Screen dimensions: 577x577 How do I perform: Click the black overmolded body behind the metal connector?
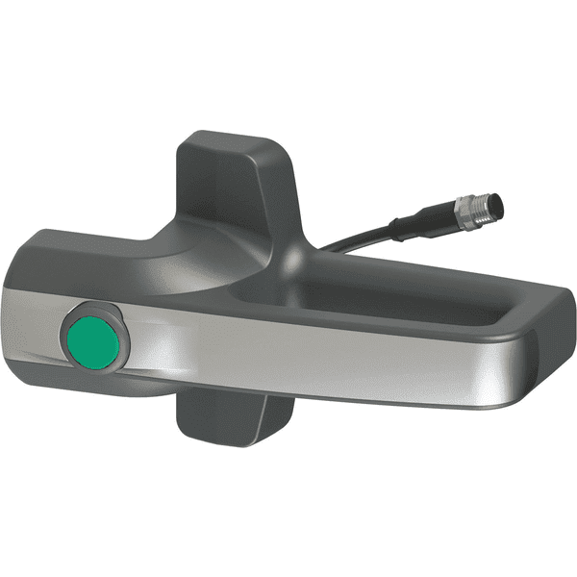point(423,226)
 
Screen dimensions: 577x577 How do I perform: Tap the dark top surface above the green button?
point(87,260)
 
